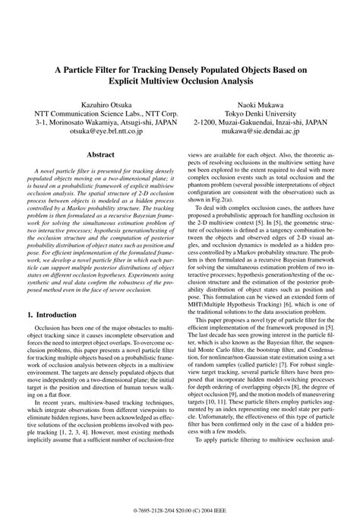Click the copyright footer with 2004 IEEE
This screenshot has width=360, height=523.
pyautogui.click(x=180, y=511)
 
